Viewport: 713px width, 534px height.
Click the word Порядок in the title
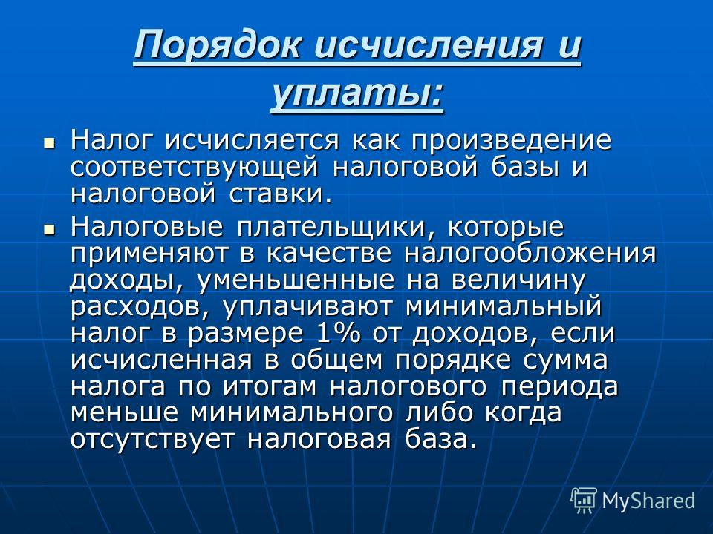tap(218, 45)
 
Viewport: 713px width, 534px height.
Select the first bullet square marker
tap(49, 143)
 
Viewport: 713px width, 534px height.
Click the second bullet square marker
tap(49, 230)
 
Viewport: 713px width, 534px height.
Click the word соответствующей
tap(194, 168)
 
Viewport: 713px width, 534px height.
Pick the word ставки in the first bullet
tap(276, 194)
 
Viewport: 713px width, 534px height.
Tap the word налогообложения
tap(530, 254)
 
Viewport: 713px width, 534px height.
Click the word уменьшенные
tap(296, 280)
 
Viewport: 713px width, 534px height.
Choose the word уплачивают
tap(307, 307)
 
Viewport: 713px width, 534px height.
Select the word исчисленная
tap(161, 360)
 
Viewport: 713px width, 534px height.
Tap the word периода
tap(560, 387)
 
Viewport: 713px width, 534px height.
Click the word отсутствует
tap(152, 440)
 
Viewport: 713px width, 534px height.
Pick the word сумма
tap(564, 360)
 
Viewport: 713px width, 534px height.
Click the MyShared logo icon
tap(583, 500)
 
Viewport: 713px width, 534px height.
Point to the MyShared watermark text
tap(648, 501)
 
